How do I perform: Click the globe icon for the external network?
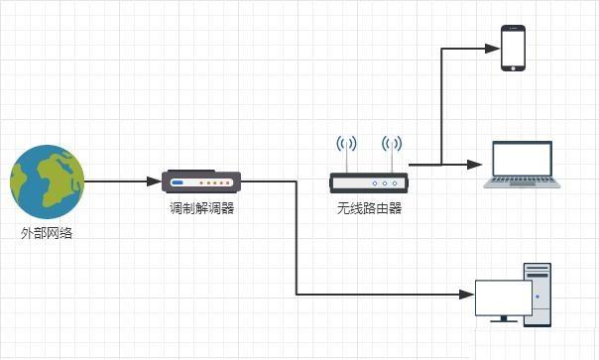tap(47, 182)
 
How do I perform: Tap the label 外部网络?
tap(47, 234)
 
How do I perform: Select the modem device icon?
tap(201, 181)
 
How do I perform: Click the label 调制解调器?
tap(201, 209)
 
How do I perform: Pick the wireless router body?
tap(368, 182)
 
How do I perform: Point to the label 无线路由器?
tap(368, 209)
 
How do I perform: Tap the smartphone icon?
tap(513, 48)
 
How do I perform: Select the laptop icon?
tap(522, 165)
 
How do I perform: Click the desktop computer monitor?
tap(503, 295)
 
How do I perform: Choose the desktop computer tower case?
tap(537, 294)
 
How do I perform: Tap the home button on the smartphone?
tap(513, 66)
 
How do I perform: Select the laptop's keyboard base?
tap(522, 182)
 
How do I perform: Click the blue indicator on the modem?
tap(178, 182)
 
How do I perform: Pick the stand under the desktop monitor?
tap(503, 317)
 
